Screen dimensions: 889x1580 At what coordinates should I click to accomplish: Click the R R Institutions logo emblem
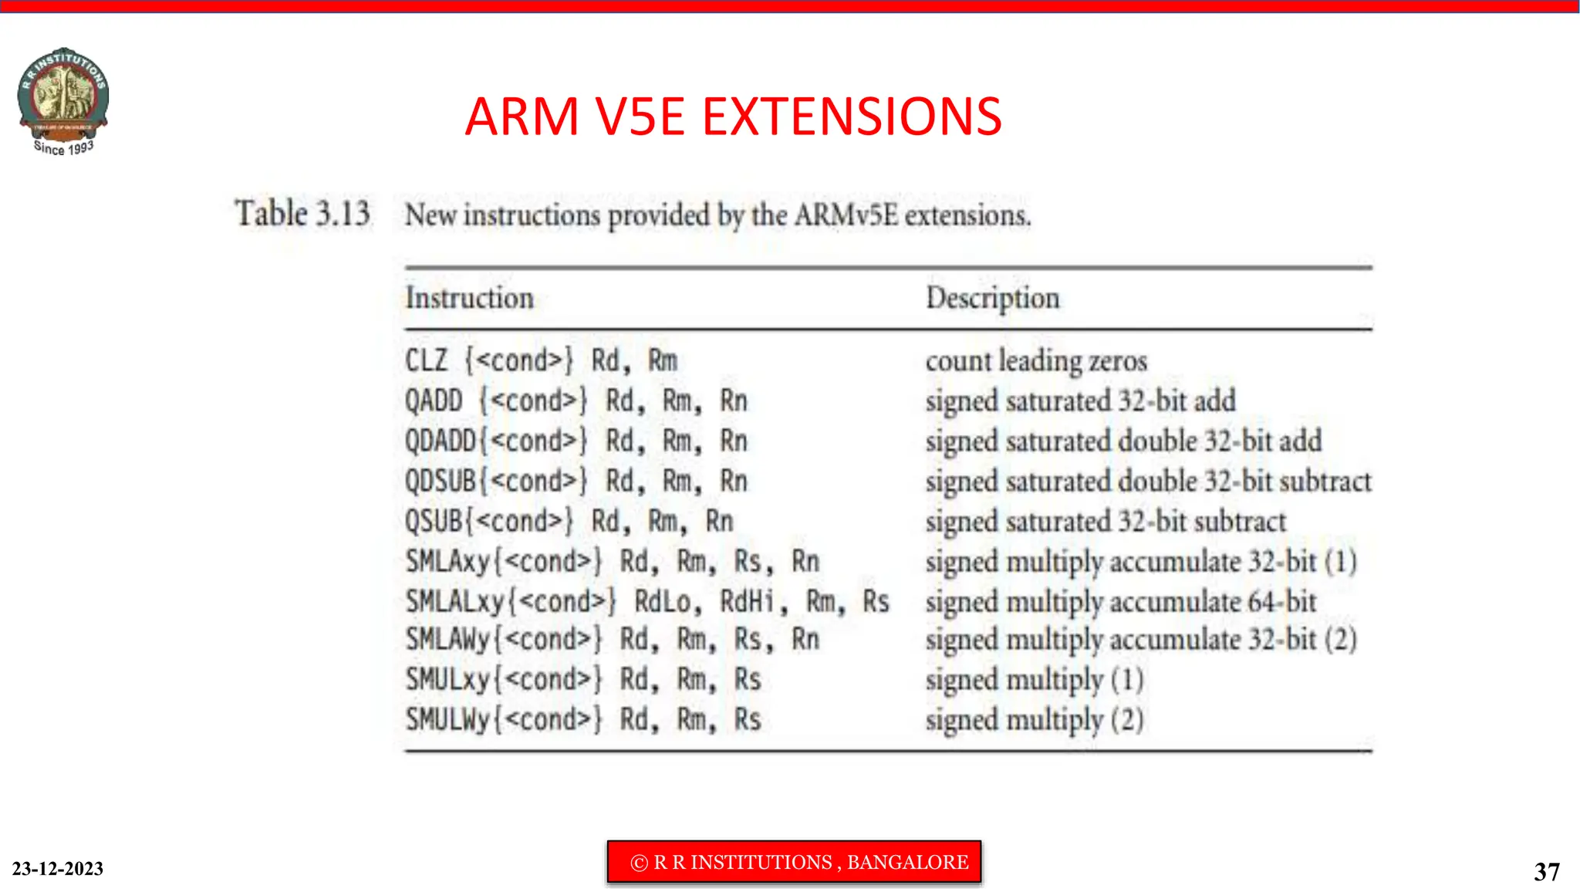click(x=63, y=99)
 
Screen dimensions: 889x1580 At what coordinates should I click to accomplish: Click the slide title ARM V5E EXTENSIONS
click(x=733, y=117)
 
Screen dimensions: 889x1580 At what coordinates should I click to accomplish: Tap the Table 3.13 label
click(x=302, y=214)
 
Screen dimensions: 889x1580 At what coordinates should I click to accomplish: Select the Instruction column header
click(x=469, y=298)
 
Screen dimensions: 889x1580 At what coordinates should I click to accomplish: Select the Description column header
click(x=992, y=298)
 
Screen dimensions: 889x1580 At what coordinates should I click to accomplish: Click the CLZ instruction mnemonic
click(x=426, y=360)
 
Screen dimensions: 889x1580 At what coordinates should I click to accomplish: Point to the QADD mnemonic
click(x=434, y=401)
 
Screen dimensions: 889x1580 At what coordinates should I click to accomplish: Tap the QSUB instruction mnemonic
click(x=434, y=521)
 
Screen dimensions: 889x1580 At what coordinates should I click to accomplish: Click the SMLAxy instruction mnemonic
click(x=447, y=561)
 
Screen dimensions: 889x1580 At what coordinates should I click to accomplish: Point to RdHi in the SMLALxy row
click(x=747, y=601)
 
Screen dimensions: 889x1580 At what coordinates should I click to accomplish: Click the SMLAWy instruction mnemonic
click(x=447, y=639)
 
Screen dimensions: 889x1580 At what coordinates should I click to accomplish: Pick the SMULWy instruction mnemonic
click(x=447, y=719)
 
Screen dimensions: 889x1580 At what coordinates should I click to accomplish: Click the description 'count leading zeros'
click(x=1036, y=360)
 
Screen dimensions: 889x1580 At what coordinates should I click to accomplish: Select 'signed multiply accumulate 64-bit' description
click(x=1120, y=601)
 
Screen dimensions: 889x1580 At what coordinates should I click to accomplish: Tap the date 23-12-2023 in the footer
click(x=58, y=868)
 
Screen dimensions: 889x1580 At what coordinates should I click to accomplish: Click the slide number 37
click(x=1546, y=871)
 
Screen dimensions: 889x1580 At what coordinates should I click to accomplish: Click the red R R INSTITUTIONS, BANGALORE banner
click(x=794, y=862)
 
